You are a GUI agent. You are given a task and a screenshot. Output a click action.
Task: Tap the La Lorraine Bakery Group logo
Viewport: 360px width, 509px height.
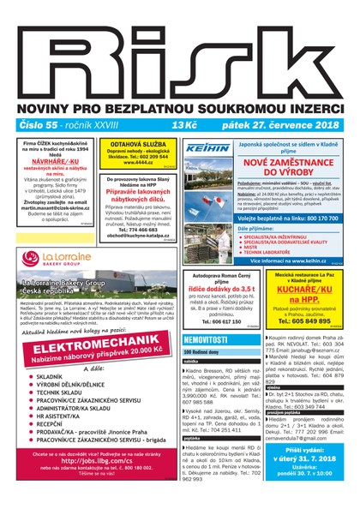(x=58, y=258)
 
